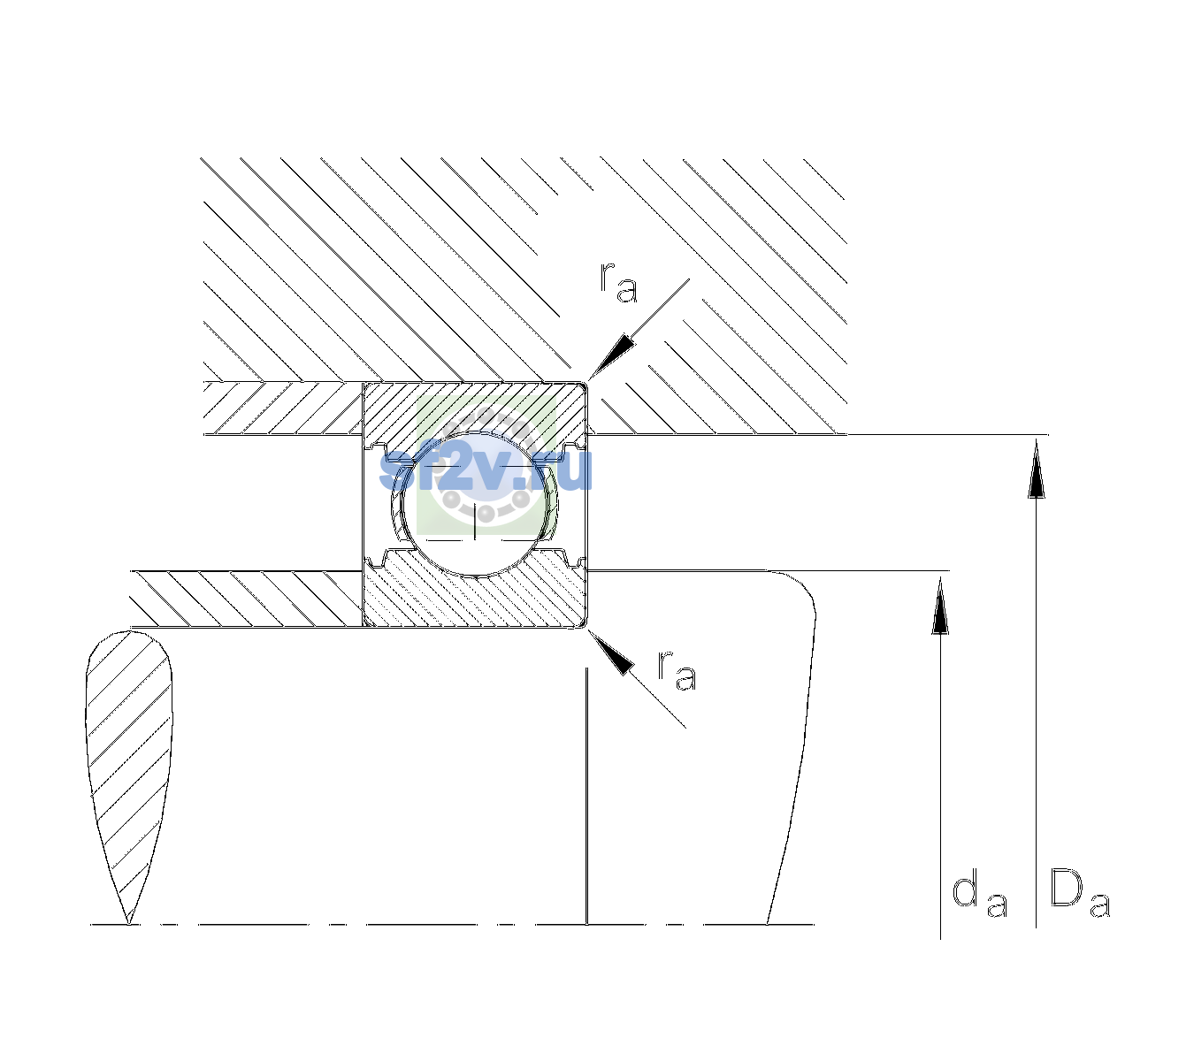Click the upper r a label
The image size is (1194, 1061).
618,283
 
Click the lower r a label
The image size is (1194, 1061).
677,669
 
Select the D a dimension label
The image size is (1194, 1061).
1080,894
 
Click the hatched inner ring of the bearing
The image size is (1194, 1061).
475,595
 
